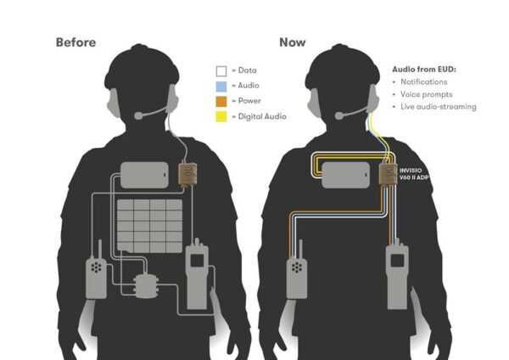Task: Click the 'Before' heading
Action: tap(76, 42)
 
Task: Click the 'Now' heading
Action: tap(294, 42)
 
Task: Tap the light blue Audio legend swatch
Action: tap(221, 87)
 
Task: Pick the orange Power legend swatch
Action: tap(221, 101)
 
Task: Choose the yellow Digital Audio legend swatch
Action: tap(221, 115)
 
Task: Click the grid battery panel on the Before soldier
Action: tap(149, 225)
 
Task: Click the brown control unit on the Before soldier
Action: tap(187, 174)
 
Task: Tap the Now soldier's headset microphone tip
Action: tap(338, 115)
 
